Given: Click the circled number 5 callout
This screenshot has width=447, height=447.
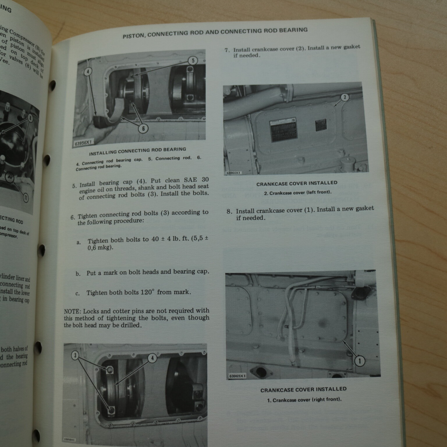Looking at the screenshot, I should pos(193,61).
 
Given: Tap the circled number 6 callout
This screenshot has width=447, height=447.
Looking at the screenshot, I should pos(143,128).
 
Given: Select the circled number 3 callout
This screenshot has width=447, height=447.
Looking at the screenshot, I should pos(75,355).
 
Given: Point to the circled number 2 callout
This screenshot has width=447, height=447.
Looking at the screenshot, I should pos(345,97).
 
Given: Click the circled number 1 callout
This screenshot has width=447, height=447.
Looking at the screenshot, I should pos(360,361).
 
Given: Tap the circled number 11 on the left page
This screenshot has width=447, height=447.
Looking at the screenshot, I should pos(26,198).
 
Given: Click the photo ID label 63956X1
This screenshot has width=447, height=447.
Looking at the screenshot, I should pos(83,143).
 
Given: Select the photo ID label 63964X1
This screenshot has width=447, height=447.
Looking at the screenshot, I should pos(233,173).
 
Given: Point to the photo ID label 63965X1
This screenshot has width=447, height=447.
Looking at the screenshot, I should pos(237,376).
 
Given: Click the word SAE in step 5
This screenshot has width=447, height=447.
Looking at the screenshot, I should pos(190,180).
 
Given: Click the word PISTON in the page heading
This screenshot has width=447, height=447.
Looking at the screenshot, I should pos(134,36).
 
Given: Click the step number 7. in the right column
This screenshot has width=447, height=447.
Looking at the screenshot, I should pos(227,50).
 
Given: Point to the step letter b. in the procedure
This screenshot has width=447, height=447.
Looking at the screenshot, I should pos(78,274).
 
